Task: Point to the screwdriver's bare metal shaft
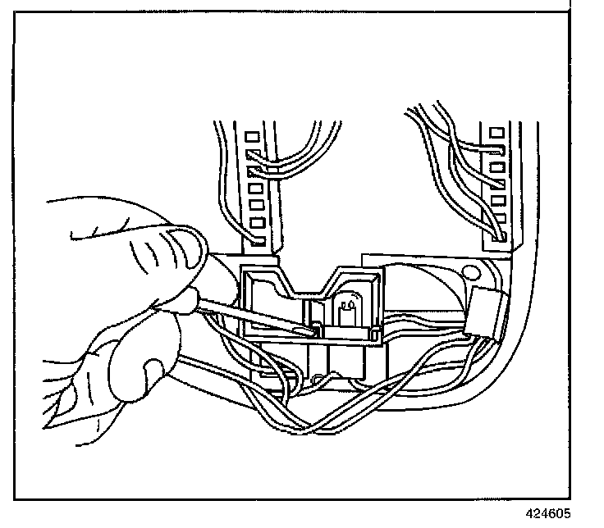click(x=246, y=315)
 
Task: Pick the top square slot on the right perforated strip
click(x=496, y=132)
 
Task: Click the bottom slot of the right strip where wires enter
click(x=497, y=234)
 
